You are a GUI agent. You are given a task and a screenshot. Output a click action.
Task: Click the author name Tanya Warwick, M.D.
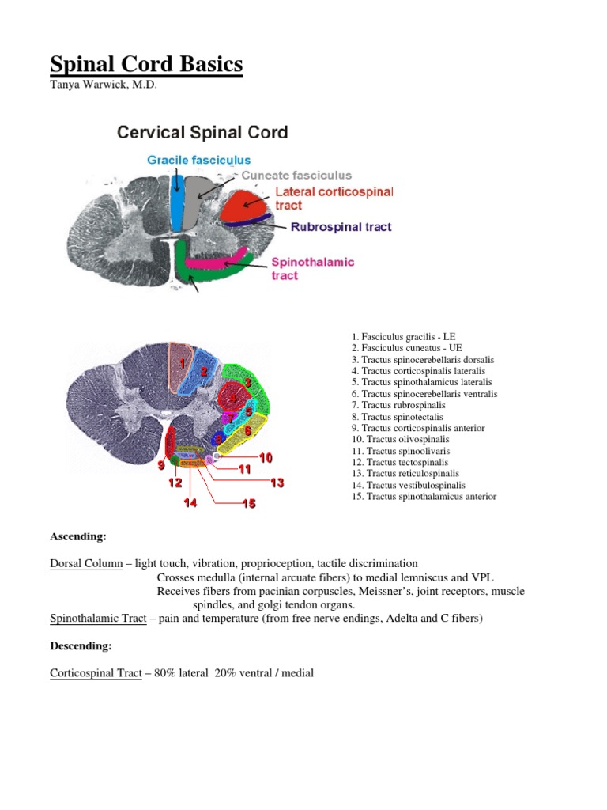pos(104,85)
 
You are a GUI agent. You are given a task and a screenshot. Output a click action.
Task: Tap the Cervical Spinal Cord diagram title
pos(202,132)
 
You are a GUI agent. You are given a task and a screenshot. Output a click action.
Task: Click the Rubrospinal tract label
pos(341,227)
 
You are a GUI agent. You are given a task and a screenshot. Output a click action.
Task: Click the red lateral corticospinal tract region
pos(245,206)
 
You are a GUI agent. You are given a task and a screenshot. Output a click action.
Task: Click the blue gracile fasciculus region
pos(177,202)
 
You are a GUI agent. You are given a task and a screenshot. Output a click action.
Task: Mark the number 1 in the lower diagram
pos(181,363)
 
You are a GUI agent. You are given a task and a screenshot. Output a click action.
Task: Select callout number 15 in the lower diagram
pos(248,503)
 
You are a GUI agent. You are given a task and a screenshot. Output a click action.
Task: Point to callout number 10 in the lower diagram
pos(265,457)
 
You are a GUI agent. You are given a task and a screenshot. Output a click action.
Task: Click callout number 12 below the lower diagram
pos(175,483)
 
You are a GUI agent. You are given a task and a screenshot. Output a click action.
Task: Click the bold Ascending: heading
pos(78,536)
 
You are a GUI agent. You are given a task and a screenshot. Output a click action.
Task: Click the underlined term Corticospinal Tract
pos(96,673)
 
